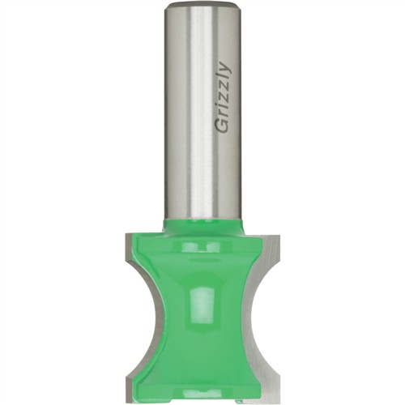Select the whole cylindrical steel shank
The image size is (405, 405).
pyautogui.click(x=202, y=113)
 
